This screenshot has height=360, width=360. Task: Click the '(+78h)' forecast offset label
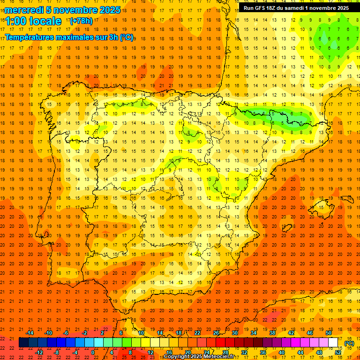click(81, 21)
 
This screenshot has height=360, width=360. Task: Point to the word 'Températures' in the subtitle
click(30, 37)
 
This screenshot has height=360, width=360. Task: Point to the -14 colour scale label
click(30, 333)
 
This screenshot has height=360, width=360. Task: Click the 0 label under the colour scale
click(93, 352)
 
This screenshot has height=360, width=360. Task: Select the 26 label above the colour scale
click(216, 333)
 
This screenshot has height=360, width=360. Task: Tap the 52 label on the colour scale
click(338, 352)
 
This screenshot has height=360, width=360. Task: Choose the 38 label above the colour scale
click(272, 333)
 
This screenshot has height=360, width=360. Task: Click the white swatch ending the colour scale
click(333, 343)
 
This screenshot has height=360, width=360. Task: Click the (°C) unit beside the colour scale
click(349, 343)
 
